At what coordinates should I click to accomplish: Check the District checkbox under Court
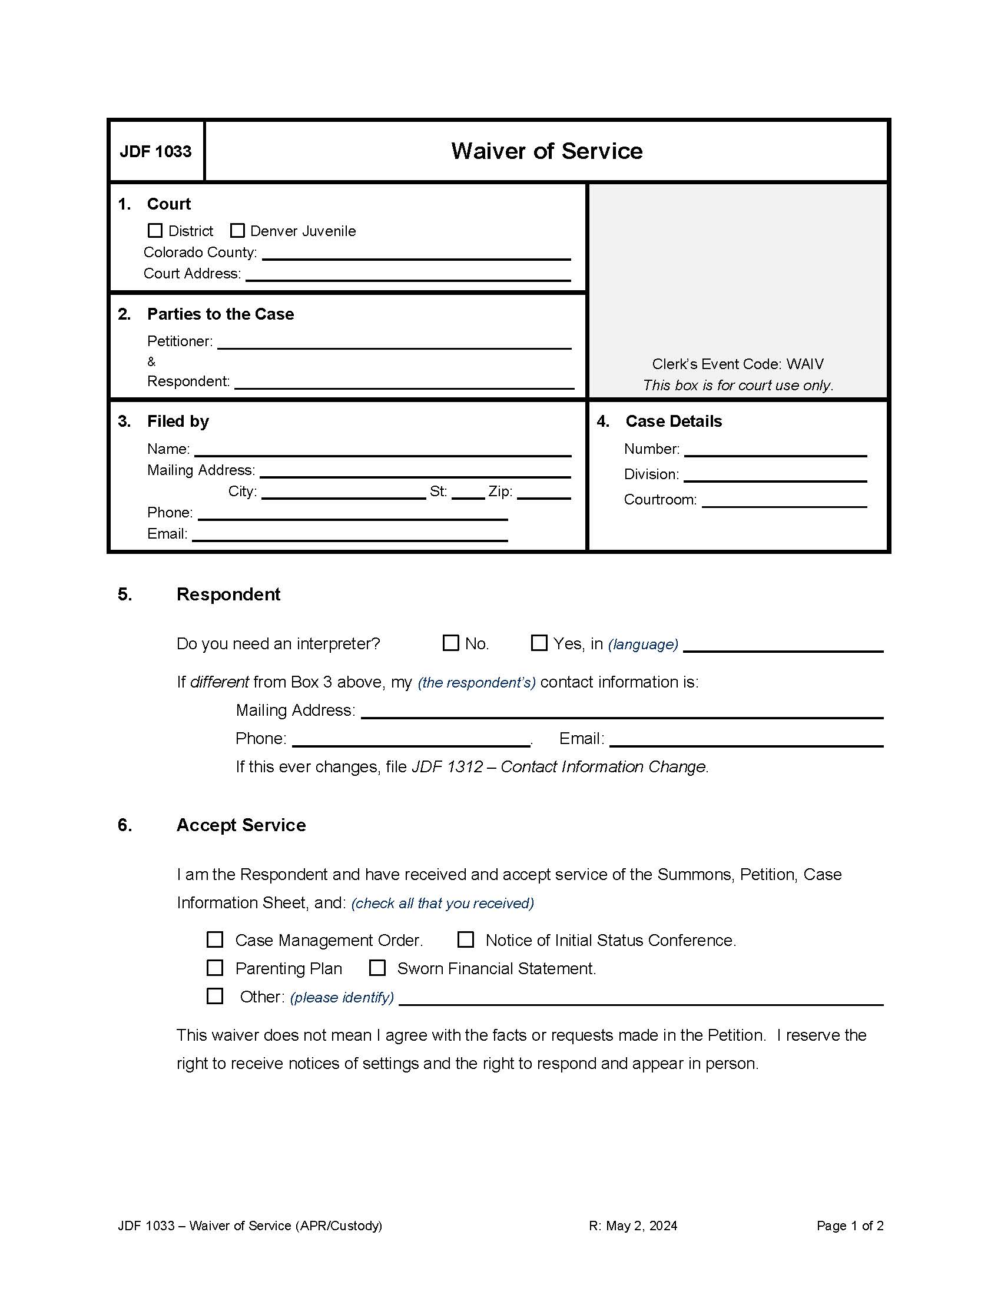click(155, 230)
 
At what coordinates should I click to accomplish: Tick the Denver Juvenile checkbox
click(237, 230)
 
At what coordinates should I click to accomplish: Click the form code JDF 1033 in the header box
click(156, 152)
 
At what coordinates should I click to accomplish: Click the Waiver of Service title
click(546, 151)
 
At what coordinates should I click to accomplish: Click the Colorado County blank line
click(416, 254)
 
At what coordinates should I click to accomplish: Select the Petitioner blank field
click(394, 343)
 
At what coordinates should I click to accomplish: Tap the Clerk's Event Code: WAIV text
click(738, 363)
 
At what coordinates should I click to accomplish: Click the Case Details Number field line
click(775, 450)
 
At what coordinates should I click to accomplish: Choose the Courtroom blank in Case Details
click(784, 501)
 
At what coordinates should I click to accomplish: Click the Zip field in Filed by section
click(543, 493)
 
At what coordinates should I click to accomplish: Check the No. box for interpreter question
click(450, 643)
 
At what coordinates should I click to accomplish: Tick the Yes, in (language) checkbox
click(538, 643)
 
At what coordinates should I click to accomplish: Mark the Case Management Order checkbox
click(215, 939)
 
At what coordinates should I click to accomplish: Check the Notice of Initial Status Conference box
click(466, 939)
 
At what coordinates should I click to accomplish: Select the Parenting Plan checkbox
click(215, 968)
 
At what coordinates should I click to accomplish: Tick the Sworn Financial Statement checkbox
click(377, 968)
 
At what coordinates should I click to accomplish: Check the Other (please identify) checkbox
click(215, 995)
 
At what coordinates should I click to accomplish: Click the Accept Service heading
click(241, 825)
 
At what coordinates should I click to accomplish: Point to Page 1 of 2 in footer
click(849, 1226)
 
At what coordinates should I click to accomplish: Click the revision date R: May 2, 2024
click(633, 1226)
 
